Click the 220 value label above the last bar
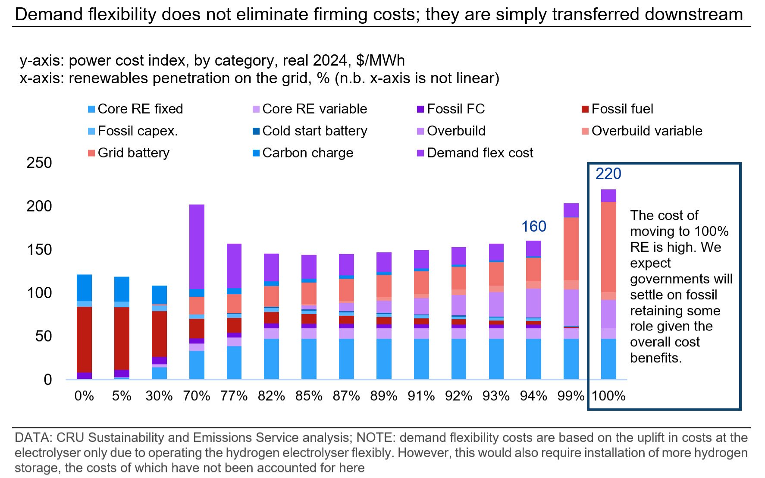(x=608, y=174)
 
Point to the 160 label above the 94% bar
(x=533, y=226)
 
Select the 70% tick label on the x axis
(x=197, y=396)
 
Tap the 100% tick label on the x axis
(x=608, y=396)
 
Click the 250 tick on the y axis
(x=39, y=163)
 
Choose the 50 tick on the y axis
(x=44, y=336)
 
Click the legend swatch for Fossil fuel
(x=585, y=109)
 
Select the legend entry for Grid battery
(x=133, y=153)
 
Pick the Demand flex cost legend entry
(x=480, y=153)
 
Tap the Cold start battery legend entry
(x=314, y=131)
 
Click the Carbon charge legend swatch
(x=256, y=153)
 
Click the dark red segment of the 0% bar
(x=84, y=339)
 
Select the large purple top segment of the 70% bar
(x=197, y=246)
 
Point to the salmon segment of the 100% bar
(x=608, y=247)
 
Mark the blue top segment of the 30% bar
(x=159, y=295)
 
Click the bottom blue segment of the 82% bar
(x=272, y=359)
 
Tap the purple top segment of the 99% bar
(x=571, y=210)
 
